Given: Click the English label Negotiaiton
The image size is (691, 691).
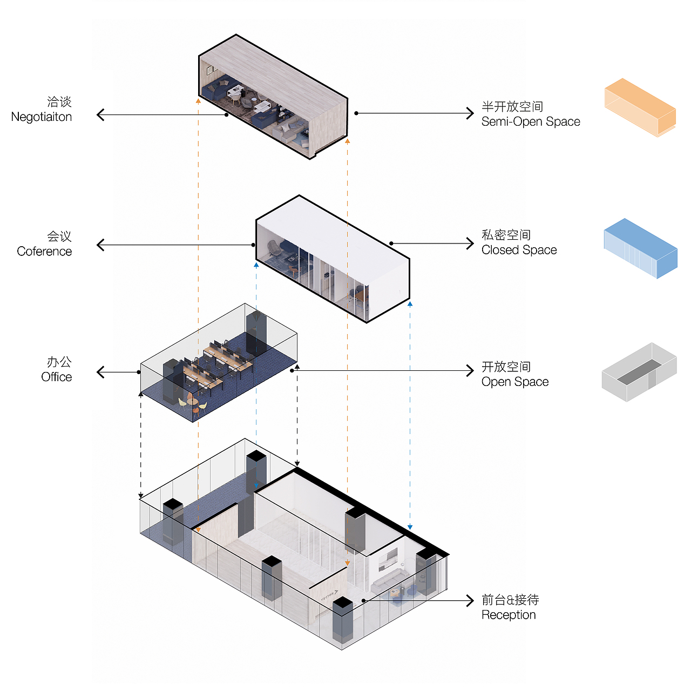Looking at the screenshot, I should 42,117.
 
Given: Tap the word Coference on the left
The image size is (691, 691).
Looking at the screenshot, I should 44,252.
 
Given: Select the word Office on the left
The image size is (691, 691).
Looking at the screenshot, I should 56,377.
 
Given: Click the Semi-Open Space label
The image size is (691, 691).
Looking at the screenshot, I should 531,122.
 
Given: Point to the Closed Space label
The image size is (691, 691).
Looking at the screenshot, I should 519,250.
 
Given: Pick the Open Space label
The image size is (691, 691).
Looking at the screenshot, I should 515,382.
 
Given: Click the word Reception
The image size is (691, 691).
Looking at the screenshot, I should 509,615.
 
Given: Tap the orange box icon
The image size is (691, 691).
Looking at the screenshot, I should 640,107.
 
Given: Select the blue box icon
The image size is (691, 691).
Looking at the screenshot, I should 640,248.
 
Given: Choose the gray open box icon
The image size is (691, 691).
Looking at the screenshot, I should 639,372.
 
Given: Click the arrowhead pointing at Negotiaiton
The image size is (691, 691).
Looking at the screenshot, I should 100,114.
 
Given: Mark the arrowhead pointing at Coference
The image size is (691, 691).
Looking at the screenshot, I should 100,245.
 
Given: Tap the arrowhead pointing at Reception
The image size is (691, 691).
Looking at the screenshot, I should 470,600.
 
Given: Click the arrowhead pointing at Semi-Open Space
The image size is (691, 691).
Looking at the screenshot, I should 470,113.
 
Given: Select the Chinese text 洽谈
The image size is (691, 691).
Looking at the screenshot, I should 59,101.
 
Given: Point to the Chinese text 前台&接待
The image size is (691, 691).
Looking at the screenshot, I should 510,600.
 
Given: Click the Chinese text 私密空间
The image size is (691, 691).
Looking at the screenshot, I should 506,235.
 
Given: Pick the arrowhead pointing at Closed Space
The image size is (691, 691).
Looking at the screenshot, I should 470,243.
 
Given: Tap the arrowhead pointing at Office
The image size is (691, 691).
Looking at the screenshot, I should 100,372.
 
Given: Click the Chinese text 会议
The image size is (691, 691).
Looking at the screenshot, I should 59,236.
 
